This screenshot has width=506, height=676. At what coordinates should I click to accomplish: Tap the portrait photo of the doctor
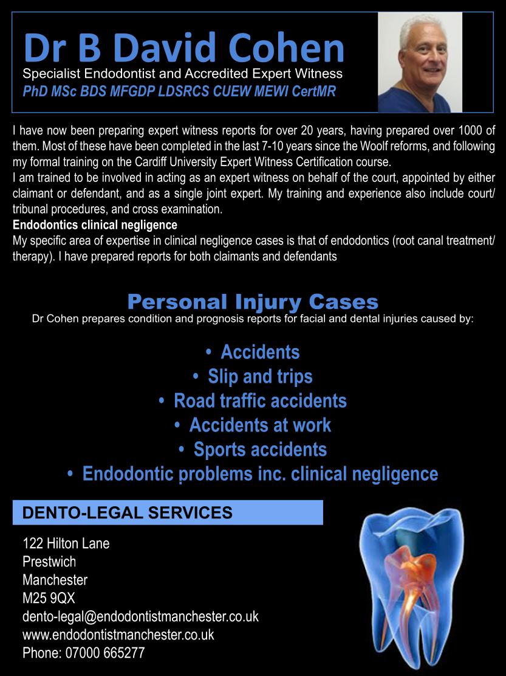click(x=420, y=62)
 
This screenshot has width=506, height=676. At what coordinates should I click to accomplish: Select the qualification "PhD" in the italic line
click(x=34, y=91)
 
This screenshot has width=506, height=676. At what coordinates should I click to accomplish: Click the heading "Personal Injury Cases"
click(x=253, y=301)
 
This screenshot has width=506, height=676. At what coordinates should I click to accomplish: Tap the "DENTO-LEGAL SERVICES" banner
click(x=167, y=512)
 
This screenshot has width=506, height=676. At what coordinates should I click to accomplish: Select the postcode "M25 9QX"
click(x=49, y=598)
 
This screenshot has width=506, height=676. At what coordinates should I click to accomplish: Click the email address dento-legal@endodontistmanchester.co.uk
click(x=140, y=616)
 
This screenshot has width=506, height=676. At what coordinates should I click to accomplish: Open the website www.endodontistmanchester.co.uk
click(x=118, y=635)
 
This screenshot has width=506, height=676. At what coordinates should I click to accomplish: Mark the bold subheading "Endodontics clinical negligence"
click(x=95, y=225)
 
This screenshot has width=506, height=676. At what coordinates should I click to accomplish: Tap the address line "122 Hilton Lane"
click(x=66, y=543)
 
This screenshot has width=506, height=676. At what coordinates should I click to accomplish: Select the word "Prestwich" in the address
click(x=49, y=562)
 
